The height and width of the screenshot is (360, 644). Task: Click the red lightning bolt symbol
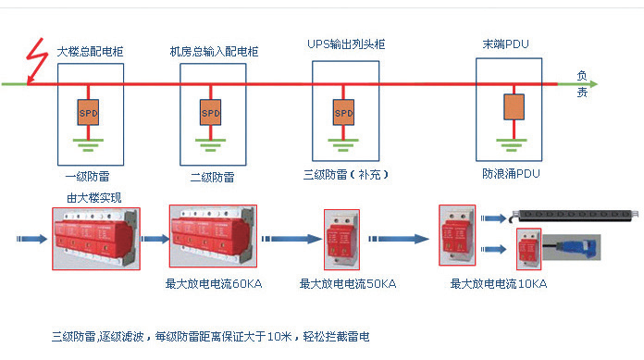pyautogui.click(x=36, y=60)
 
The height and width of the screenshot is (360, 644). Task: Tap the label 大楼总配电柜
pyautogui.click(x=90, y=52)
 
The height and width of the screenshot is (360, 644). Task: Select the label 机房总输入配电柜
pyautogui.click(x=214, y=52)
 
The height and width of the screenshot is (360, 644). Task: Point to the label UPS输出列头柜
pyautogui.click(x=346, y=44)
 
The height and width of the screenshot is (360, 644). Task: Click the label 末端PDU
pyautogui.click(x=505, y=44)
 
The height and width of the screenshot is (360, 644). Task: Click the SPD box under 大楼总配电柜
pyautogui.click(x=88, y=112)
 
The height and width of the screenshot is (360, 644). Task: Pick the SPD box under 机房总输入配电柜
pyautogui.click(x=211, y=112)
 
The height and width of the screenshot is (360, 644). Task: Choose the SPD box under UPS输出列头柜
pyautogui.click(x=343, y=112)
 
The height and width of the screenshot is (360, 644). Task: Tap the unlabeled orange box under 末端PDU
pyautogui.click(x=514, y=106)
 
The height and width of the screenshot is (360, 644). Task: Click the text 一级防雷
pyautogui.click(x=87, y=177)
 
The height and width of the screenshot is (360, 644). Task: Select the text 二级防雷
pyautogui.click(x=212, y=178)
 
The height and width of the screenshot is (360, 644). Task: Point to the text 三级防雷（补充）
pyautogui.click(x=345, y=175)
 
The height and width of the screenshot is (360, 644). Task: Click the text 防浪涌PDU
pyautogui.click(x=511, y=174)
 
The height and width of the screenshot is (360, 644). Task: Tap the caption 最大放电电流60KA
pyautogui.click(x=214, y=284)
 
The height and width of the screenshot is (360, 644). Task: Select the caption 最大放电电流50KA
pyautogui.click(x=348, y=284)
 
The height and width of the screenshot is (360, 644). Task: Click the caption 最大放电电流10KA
pyautogui.click(x=499, y=284)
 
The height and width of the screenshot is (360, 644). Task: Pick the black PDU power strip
pyautogui.click(x=575, y=216)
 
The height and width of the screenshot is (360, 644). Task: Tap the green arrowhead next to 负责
pyautogui.click(x=593, y=84)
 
